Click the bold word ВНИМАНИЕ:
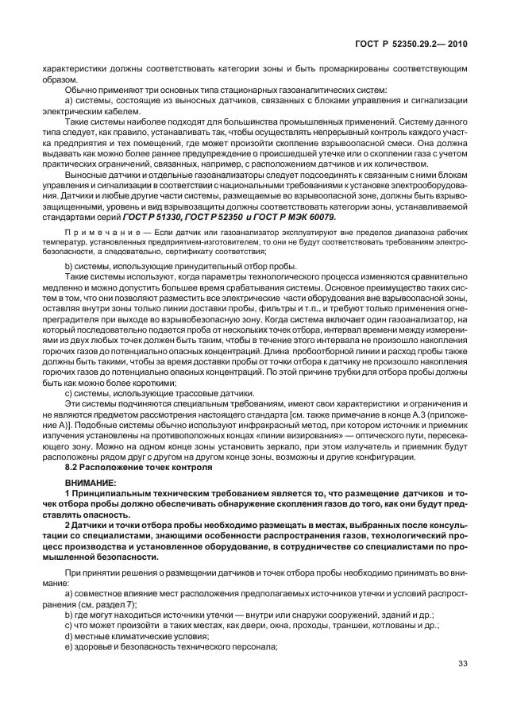click(91, 484)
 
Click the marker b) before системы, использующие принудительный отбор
click(69, 264)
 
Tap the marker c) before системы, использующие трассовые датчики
click(69, 394)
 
